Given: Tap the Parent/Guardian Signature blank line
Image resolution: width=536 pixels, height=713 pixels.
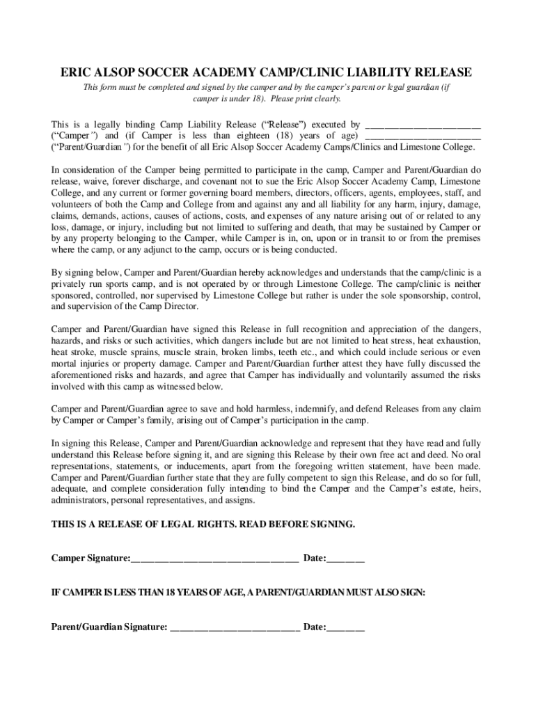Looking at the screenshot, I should (235, 627).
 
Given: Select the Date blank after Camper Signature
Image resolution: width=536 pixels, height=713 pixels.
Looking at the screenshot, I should (345, 559).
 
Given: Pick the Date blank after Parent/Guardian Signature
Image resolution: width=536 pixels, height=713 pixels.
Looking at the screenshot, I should (345, 627).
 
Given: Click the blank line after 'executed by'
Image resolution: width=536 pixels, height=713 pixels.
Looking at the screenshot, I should (423, 125).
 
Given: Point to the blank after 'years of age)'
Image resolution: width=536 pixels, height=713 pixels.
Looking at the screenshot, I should (423, 136).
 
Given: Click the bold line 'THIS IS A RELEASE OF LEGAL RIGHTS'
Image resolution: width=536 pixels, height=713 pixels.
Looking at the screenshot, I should (203, 524).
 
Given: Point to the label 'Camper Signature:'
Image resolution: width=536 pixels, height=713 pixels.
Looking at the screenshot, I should (90, 559).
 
